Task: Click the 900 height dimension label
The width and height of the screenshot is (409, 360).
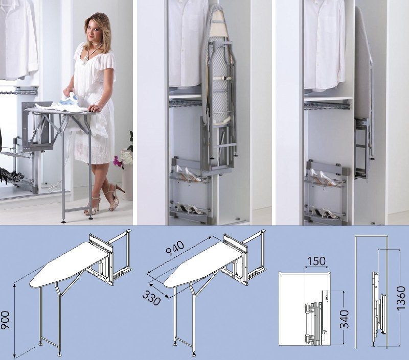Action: pyautogui.click(x=6, y=320)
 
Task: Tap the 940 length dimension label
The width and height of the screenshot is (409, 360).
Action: pyautogui.click(x=175, y=249)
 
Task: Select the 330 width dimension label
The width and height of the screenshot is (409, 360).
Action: pyautogui.click(x=151, y=298)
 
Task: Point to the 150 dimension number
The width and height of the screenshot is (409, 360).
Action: pyautogui.click(x=316, y=261)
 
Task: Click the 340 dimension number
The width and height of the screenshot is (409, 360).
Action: pyautogui.click(x=344, y=319)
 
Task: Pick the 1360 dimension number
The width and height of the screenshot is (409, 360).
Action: pyautogui.click(x=401, y=298)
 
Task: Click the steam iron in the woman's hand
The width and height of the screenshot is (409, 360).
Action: pyautogui.click(x=69, y=100)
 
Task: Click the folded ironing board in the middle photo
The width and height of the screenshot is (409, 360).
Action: pyautogui.click(x=219, y=88)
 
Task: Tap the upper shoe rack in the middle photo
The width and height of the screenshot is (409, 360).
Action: pyautogui.click(x=190, y=173)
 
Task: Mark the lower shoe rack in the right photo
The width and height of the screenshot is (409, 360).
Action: pyautogui.click(x=326, y=212)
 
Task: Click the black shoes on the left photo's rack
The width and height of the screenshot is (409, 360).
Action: pyautogui.click(x=8, y=175)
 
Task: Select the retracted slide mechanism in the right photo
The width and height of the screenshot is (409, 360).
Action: pyautogui.click(x=362, y=149)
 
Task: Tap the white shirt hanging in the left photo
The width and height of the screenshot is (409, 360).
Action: pyautogui.click(x=19, y=39)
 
